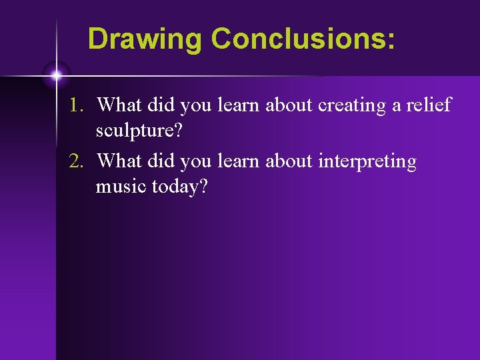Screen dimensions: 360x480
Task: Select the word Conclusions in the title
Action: pos(298,39)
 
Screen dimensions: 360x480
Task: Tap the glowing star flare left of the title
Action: pos(57,75)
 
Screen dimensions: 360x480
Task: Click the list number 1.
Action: pos(79,105)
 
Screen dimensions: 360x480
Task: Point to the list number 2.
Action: pos(79,162)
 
